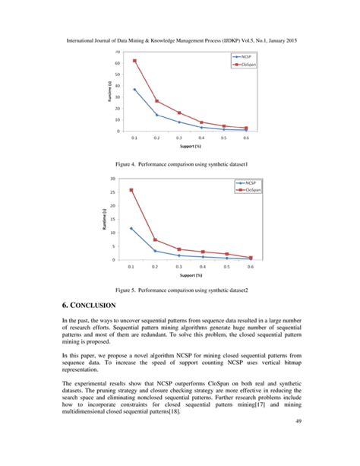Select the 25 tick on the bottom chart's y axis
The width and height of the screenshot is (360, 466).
pyautogui.click(x=114, y=192)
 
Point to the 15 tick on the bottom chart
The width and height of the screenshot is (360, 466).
pyautogui.click(x=114, y=219)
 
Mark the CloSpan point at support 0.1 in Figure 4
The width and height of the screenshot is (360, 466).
pyautogui.click(x=134, y=60)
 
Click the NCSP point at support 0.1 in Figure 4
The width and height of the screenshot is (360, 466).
pyautogui.click(x=134, y=89)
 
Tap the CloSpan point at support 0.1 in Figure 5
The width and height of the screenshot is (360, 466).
pyautogui.click(x=131, y=190)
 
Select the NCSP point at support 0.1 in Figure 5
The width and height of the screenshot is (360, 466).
pyautogui.click(x=131, y=228)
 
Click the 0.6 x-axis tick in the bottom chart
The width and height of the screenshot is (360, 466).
pyautogui.click(x=250, y=268)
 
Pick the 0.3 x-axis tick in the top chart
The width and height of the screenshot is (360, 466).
pyautogui.click(x=178, y=138)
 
